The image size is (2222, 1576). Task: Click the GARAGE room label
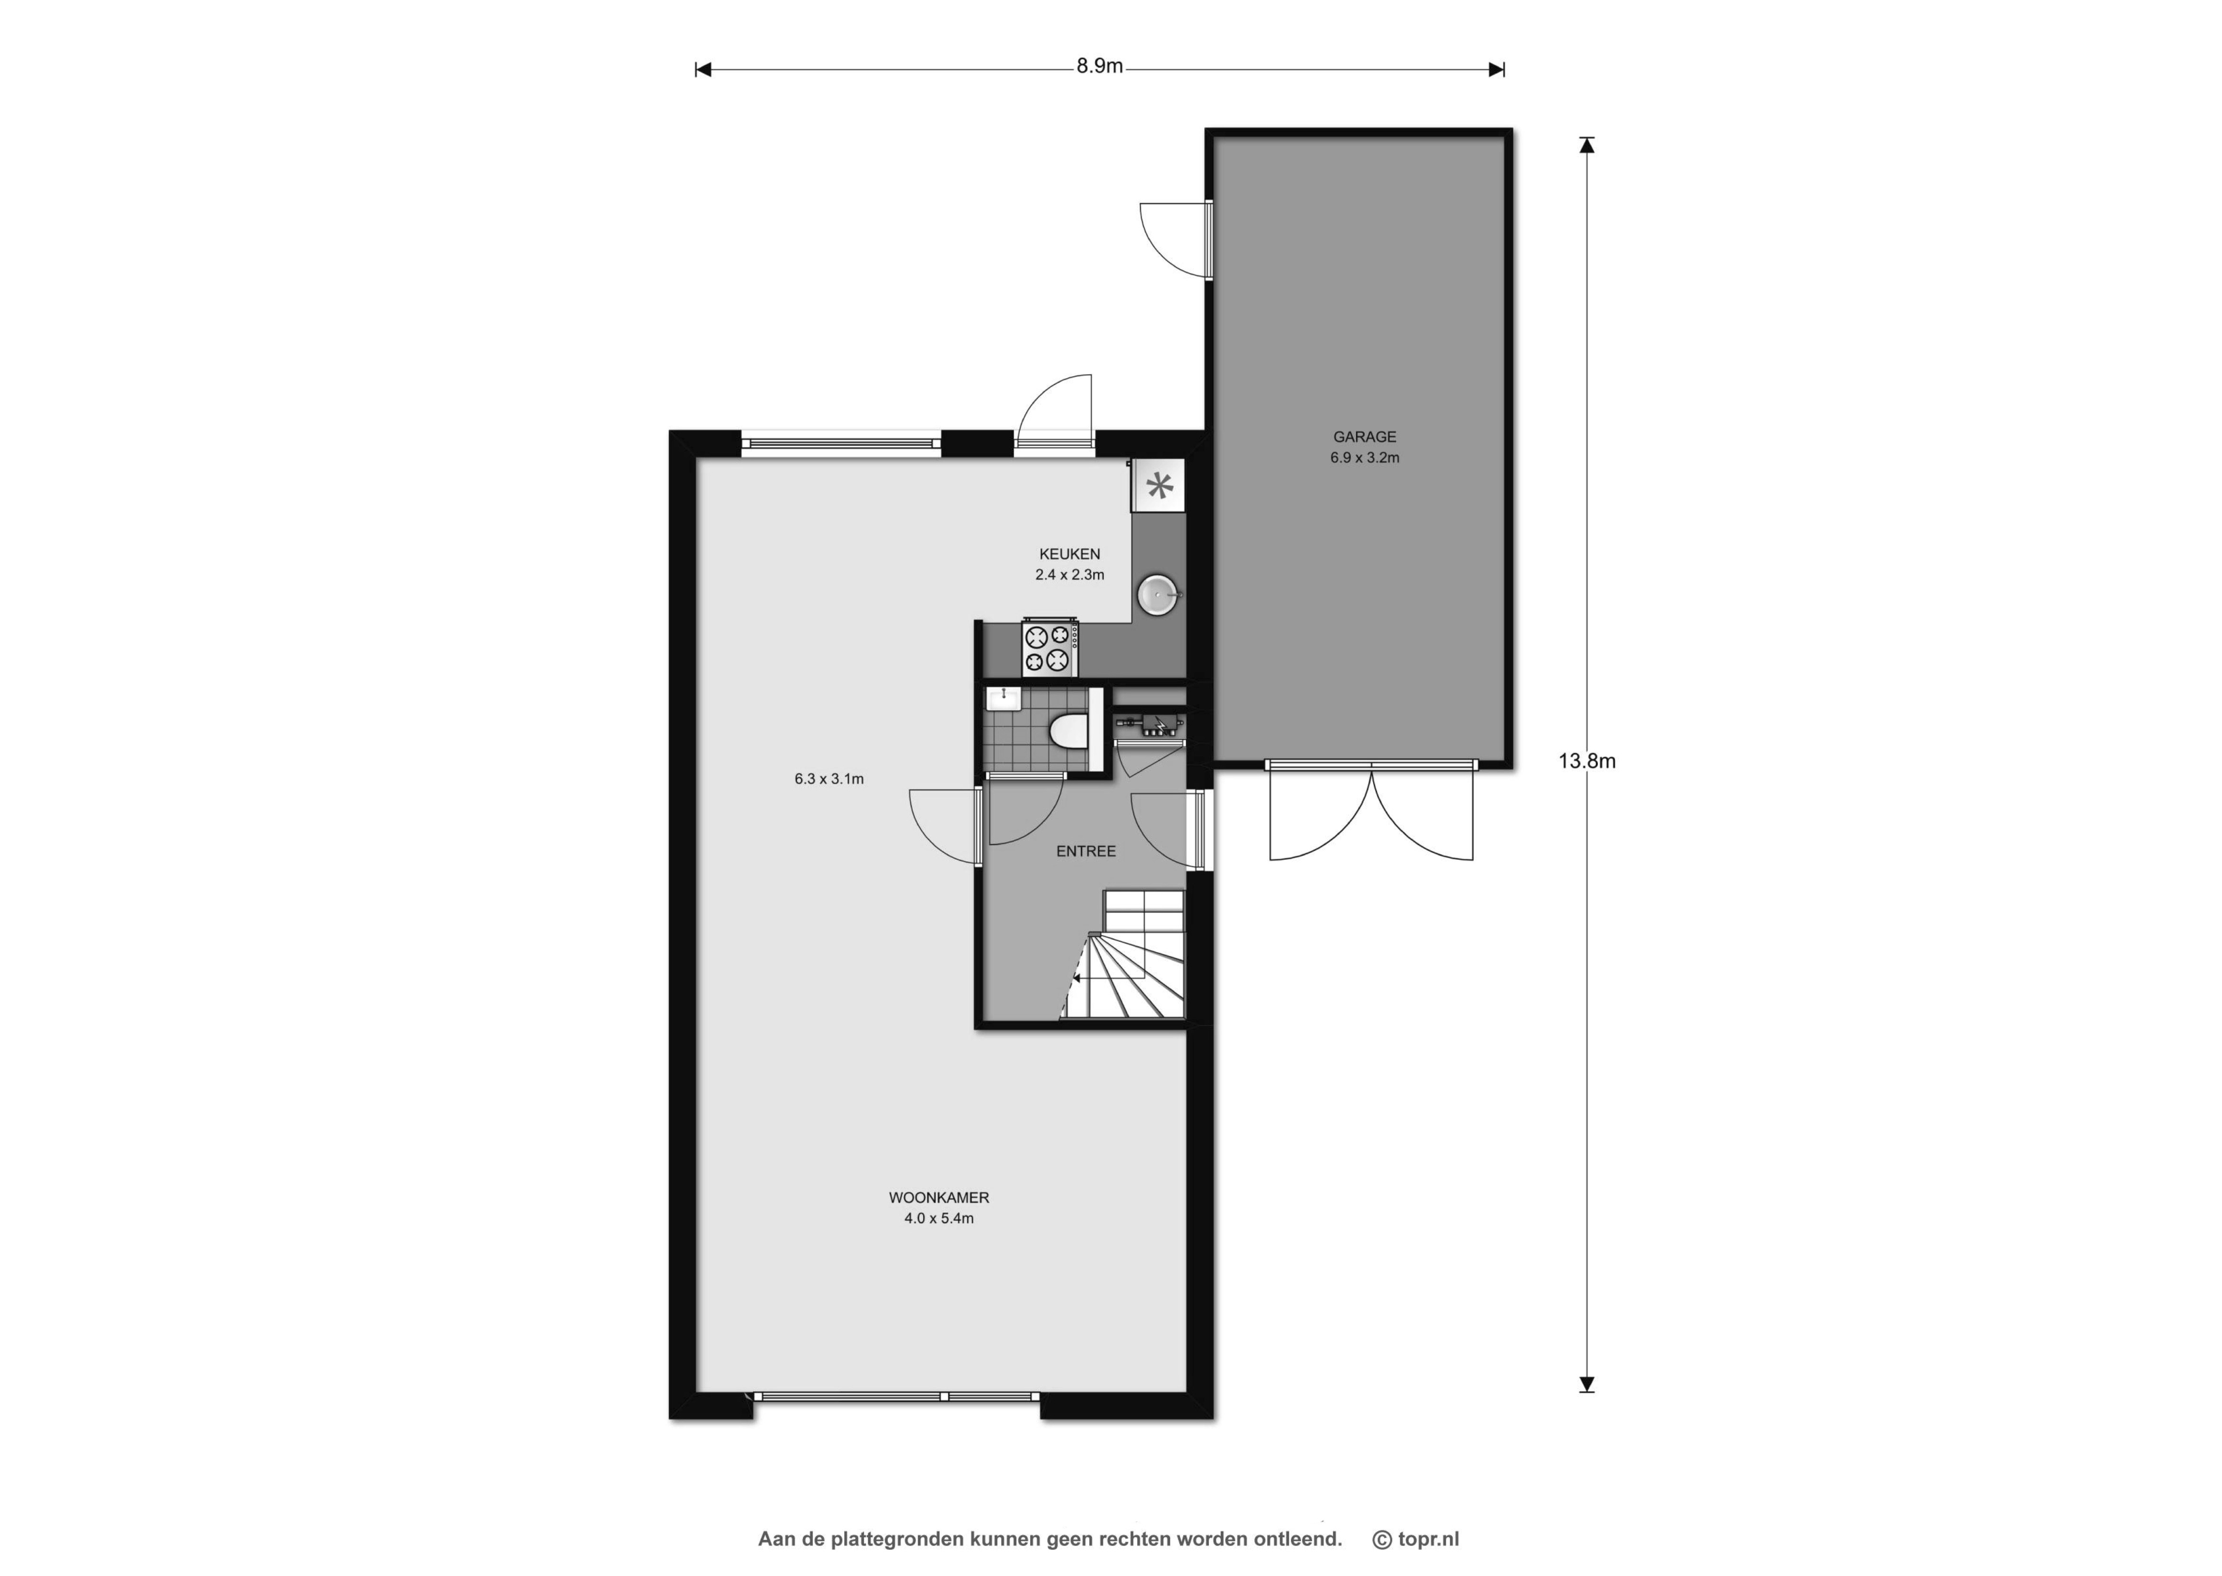[1364, 437]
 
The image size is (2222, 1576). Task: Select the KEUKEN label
[1069, 554]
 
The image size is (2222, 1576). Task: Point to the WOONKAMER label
[938, 1197]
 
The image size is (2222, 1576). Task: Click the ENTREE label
[1086, 851]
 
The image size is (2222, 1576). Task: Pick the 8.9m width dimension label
[1100, 66]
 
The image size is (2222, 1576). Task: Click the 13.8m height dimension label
[1587, 761]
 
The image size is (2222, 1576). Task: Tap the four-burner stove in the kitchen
[1050, 648]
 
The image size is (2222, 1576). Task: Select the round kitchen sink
[1159, 594]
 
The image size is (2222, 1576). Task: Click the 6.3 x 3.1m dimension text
[828, 778]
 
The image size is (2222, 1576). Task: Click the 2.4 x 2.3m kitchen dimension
[1069, 574]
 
